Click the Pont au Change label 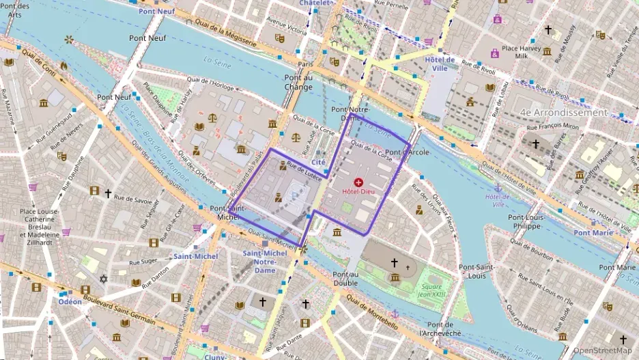click(298, 82)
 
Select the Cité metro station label click(318, 162)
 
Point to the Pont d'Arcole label click(407, 152)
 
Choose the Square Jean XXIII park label click(431, 290)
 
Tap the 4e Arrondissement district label click(563, 112)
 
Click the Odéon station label click(70, 301)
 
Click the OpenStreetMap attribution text click(603, 350)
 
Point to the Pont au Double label click(345, 278)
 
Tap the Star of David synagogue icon click(104, 279)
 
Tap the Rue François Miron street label click(553, 126)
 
